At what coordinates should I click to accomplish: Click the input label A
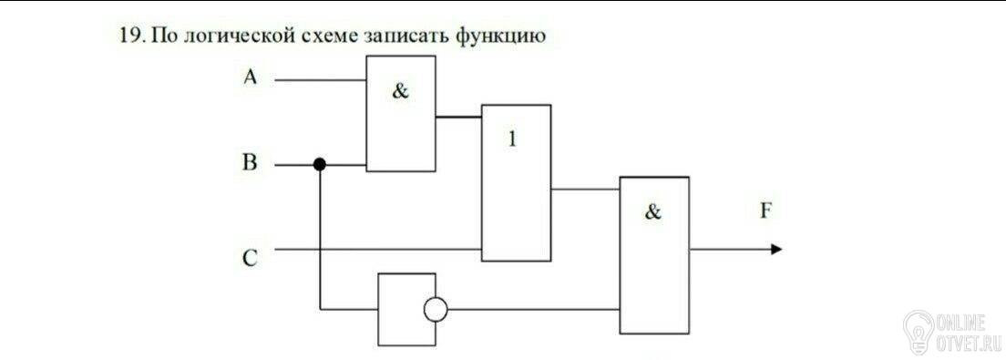251,77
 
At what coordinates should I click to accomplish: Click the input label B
250,163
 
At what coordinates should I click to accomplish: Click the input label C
251,258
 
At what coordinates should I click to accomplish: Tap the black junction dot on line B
320,164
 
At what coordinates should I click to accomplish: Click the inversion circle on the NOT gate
435,310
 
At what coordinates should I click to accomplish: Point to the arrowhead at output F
776,249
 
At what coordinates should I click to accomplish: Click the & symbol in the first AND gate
400,92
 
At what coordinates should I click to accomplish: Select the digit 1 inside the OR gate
512,139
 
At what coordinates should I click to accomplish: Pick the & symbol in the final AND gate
652,211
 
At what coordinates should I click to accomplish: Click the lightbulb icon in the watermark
919,331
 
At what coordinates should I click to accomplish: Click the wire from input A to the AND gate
320,80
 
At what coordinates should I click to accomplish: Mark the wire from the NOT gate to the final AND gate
533,310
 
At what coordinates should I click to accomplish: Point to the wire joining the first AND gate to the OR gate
458,117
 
